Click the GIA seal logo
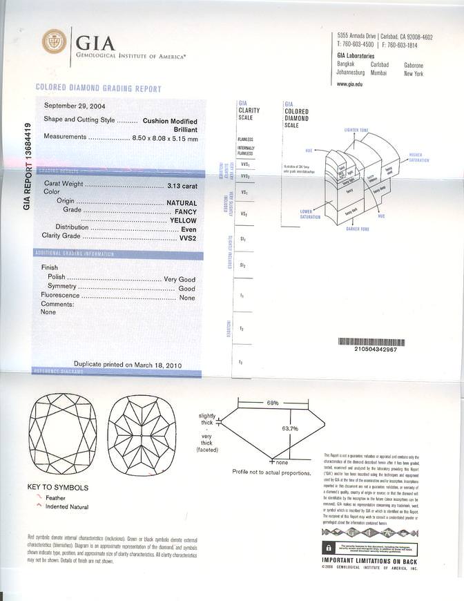point(55,41)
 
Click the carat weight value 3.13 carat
point(182,186)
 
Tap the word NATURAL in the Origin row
point(182,201)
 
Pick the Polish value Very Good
point(180,279)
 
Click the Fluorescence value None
point(187,297)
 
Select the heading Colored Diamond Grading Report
point(98,89)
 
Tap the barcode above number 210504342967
point(367,342)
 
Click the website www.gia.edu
point(351,84)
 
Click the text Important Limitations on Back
point(369,560)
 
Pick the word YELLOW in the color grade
point(184,219)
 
